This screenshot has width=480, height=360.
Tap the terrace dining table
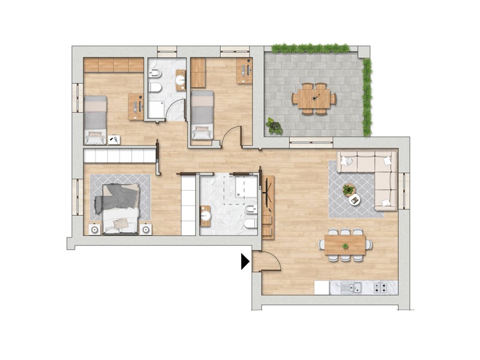314,98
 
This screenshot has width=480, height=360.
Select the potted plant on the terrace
274,126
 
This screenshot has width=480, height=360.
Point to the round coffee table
355,200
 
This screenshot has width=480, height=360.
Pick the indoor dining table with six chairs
345,244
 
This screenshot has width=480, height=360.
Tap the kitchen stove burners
380,288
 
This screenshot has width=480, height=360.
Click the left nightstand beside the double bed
94,229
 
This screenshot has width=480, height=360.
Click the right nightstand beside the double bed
146,229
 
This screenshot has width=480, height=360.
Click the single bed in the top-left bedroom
95,120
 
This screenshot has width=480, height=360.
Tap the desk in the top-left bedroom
136,107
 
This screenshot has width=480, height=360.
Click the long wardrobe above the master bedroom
119,156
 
